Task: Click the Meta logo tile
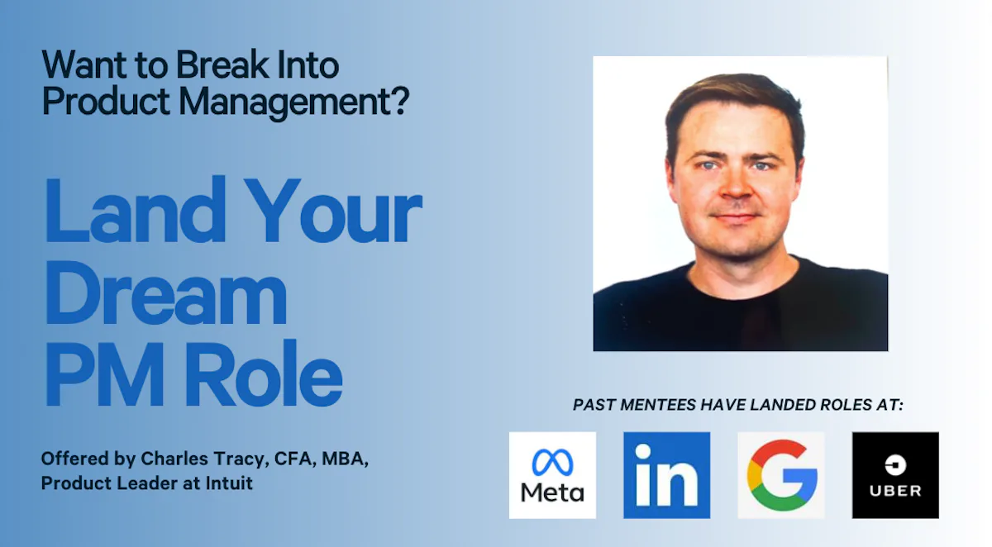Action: (x=552, y=475)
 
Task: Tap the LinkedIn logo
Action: (x=666, y=475)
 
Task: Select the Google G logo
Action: (x=781, y=475)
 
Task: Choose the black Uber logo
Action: (x=895, y=475)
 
